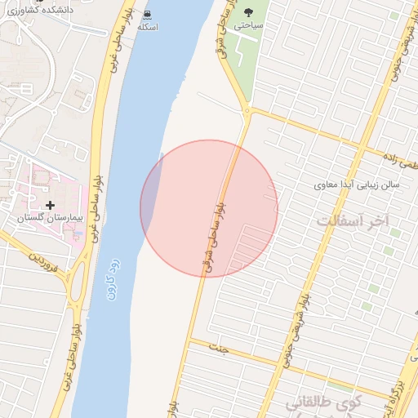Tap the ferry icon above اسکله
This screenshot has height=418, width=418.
point(146,14)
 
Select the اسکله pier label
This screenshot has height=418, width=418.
point(147,27)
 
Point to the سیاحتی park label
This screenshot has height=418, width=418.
point(250,26)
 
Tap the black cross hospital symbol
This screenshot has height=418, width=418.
point(51,204)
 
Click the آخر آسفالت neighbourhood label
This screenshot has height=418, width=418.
point(354,221)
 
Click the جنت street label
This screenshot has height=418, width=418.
point(217,348)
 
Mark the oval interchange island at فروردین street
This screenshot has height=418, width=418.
point(80,282)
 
